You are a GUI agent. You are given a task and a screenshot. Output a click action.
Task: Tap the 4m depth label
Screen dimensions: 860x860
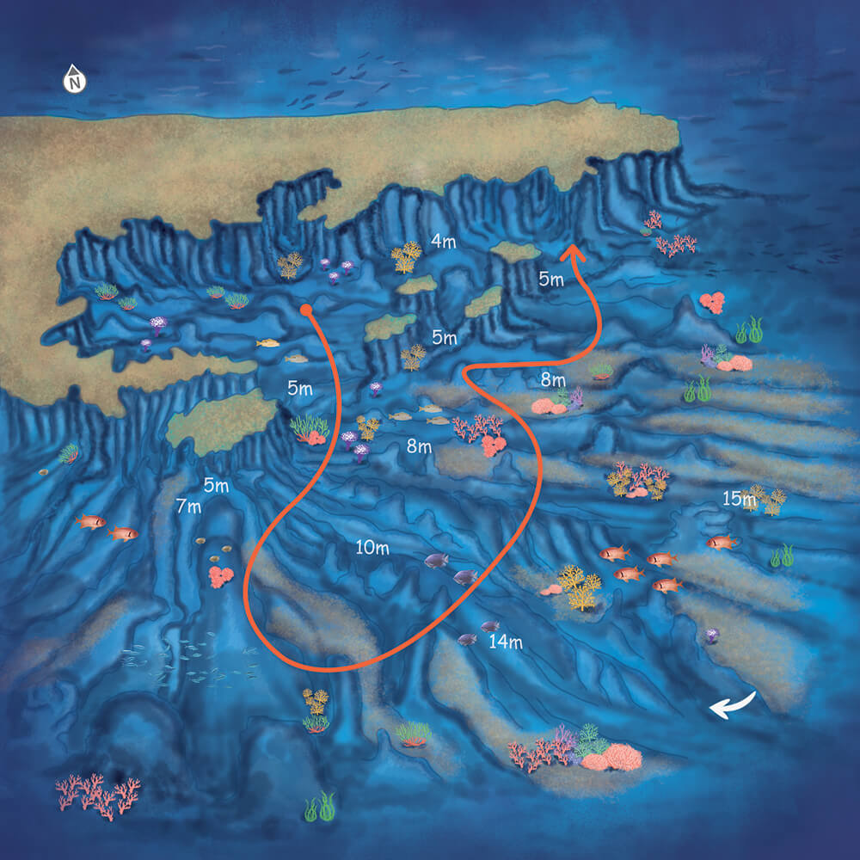click(x=443, y=242)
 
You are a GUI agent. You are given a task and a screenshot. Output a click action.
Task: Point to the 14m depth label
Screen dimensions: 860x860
click(x=505, y=641)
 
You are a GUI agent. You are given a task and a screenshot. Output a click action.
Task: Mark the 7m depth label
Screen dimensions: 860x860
click(x=188, y=506)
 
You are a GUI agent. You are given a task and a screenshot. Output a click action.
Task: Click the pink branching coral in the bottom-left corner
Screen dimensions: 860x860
click(x=97, y=795)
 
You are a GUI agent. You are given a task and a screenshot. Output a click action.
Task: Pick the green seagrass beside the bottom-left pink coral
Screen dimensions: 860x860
click(x=319, y=807)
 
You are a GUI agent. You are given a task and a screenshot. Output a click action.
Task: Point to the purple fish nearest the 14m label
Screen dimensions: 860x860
click(x=490, y=626)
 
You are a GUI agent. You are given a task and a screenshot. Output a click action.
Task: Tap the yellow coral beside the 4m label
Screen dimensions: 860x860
click(x=406, y=256)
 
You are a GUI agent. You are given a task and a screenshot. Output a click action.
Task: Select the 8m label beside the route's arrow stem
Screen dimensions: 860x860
click(x=553, y=379)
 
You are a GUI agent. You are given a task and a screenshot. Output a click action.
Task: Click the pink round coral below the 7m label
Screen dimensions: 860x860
click(x=221, y=574)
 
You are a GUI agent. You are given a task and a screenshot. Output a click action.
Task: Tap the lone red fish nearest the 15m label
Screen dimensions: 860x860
click(x=720, y=542)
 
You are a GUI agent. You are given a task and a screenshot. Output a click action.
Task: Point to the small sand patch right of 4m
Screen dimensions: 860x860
click(x=515, y=251)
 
